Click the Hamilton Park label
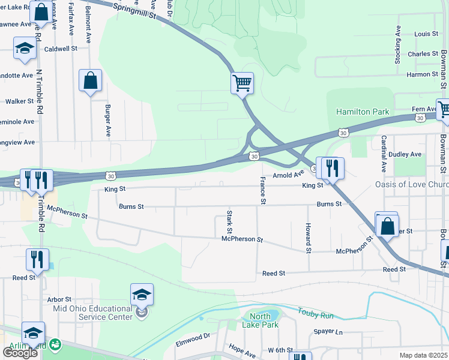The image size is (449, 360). (x=362, y=112)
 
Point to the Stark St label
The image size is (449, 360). (x=229, y=221)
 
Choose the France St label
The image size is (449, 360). (x=262, y=191)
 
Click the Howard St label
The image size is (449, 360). (x=308, y=238)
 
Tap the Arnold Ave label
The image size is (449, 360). (x=289, y=175)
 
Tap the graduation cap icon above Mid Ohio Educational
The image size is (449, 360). (x=142, y=295)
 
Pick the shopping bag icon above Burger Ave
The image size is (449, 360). (x=90, y=80)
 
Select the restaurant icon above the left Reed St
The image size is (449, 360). (x=37, y=259)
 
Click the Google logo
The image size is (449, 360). (x=20, y=352)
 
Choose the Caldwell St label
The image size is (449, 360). (x=61, y=48)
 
